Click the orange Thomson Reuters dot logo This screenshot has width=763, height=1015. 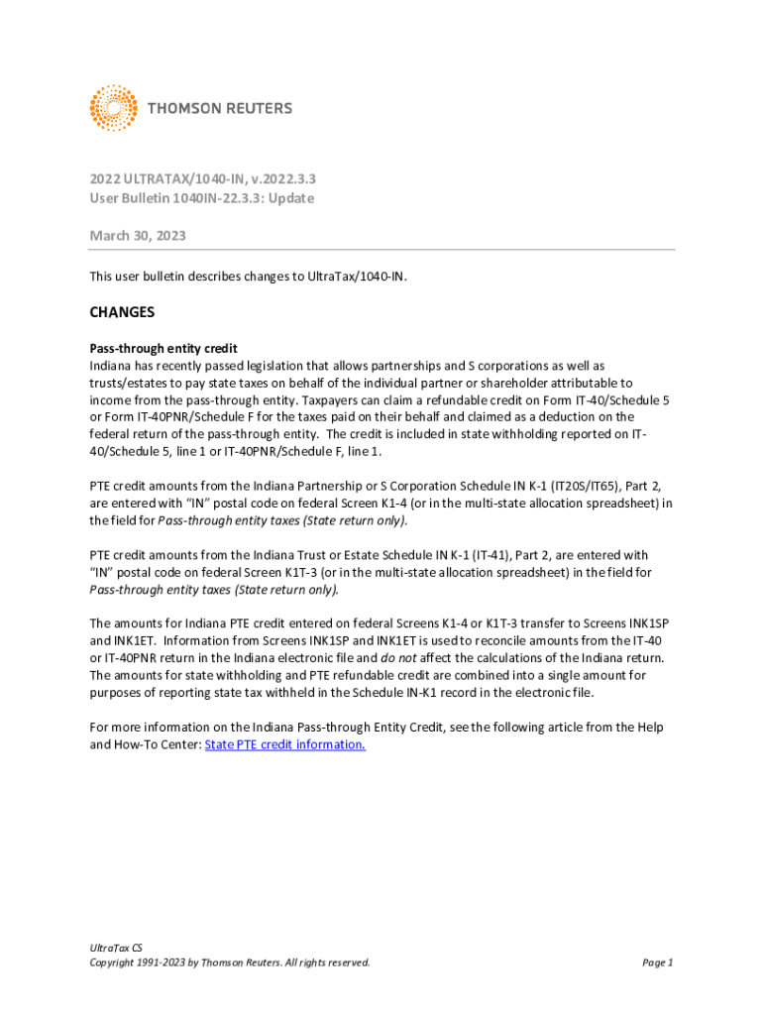point(113,108)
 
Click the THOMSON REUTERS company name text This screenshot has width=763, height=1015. point(220,108)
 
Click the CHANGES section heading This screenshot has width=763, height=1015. point(122,312)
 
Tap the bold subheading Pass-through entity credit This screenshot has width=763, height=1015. point(163,349)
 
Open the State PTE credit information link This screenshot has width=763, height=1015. point(284,744)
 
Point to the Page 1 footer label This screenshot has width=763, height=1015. point(657,961)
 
